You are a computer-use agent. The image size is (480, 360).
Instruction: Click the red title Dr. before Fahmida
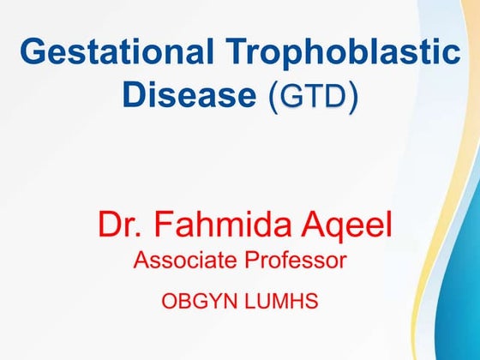[119, 225]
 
